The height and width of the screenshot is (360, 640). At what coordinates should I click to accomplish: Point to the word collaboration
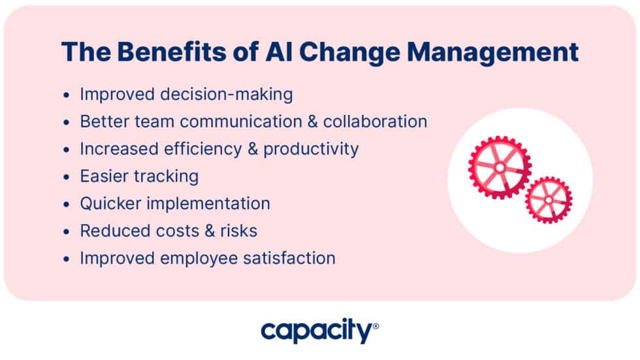(375, 122)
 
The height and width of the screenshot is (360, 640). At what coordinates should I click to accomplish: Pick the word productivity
(311, 149)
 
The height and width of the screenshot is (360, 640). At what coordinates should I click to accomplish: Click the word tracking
(166, 176)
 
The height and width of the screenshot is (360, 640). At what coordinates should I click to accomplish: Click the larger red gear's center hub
(500, 167)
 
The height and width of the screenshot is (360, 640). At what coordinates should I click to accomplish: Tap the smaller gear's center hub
(548, 199)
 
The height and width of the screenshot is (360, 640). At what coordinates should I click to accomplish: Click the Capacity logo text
(316, 331)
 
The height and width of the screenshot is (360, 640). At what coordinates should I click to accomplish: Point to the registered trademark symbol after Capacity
(375, 324)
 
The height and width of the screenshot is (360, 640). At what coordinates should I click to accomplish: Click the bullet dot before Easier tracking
(66, 177)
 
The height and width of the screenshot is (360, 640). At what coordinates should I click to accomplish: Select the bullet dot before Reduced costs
(66, 231)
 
